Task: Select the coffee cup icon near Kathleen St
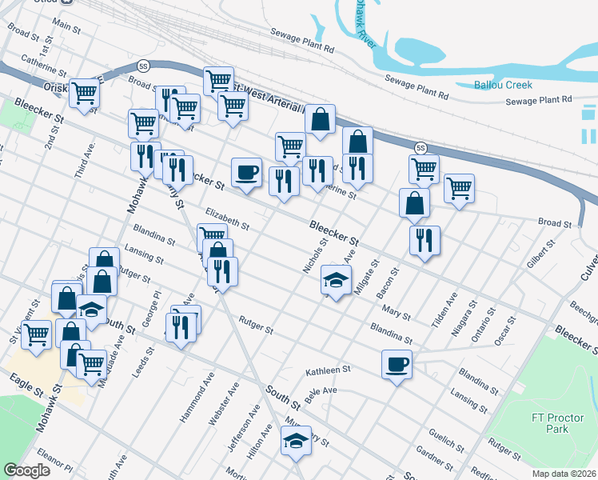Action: pyautogui.click(x=397, y=365)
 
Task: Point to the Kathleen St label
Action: pyautogui.click(x=329, y=371)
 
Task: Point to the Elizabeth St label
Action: pyautogui.click(x=227, y=219)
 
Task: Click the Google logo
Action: pyautogui.click(x=27, y=470)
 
